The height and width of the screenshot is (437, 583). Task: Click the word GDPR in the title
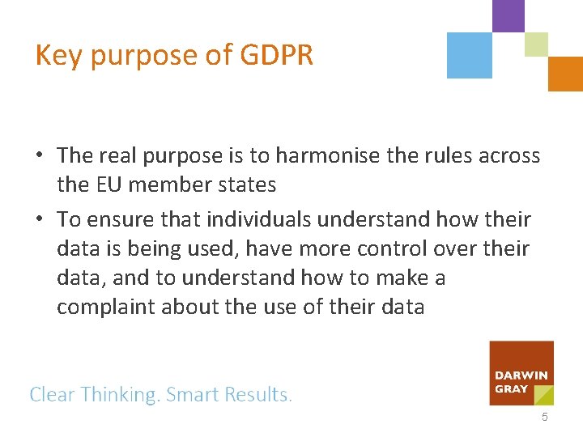(x=277, y=55)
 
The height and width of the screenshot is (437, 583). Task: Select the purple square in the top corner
(x=509, y=15)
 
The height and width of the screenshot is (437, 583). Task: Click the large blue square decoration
(x=470, y=55)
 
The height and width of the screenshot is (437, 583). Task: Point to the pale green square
(x=536, y=45)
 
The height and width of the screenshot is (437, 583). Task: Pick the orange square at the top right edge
(x=565, y=74)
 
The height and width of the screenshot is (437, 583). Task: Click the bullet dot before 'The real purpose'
(x=39, y=155)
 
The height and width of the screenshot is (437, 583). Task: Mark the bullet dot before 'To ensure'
(x=39, y=219)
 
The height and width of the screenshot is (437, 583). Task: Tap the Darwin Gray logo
(x=521, y=373)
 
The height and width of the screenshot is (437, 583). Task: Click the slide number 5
(x=544, y=418)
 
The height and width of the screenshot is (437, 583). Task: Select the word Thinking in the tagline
(x=120, y=395)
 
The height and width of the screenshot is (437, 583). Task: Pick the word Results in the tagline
(x=257, y=395)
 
